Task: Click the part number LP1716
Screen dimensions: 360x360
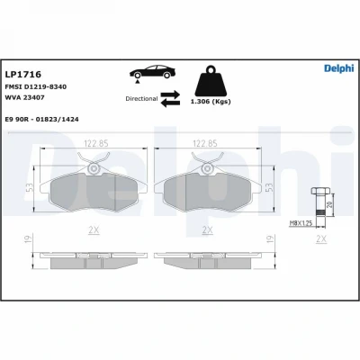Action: (23, 74)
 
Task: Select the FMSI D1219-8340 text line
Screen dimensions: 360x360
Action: (36, 87)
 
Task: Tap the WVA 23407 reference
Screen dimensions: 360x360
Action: (24, 98)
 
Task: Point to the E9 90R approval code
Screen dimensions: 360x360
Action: (42, 120)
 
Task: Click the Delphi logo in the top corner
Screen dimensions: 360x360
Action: (339, 68)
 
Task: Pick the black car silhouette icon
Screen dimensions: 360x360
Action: (153, 72)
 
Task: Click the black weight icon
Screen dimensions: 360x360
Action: (211, 81)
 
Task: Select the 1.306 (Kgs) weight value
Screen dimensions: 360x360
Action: (211, 102)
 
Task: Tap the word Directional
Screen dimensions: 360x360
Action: (141, 99)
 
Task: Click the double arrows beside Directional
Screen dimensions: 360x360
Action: (170, 99)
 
